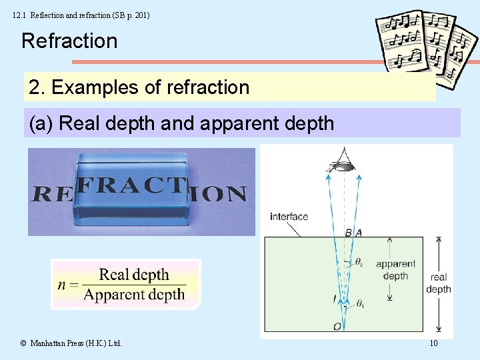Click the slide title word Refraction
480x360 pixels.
[x=69, y=41]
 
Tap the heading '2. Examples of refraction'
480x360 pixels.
[x=139, y=87]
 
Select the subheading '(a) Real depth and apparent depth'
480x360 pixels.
[x=181, y=123]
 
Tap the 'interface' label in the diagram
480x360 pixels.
[x=289, y=216]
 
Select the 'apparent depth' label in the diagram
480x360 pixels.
[x=395, y=269]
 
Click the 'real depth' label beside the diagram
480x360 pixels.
[x=438, y=283]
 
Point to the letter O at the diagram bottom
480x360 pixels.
[x=337, y=326]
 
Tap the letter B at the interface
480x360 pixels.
[x=348, y=232]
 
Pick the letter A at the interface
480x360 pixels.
[x=359, y=232]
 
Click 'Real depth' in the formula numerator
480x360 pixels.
[x=134, y=275]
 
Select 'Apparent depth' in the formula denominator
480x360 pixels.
[x=134, y=294]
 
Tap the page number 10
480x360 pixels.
[x=433, y=343]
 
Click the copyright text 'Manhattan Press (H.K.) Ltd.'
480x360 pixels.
[x=75, y=343]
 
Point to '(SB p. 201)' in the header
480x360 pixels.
[x=127, y=14]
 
